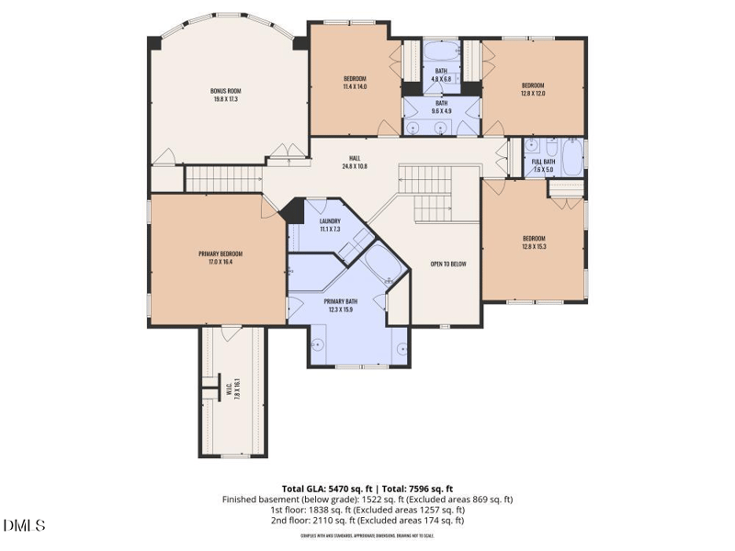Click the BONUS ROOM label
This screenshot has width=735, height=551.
coord(224,90)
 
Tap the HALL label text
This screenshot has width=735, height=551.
coord(354,157)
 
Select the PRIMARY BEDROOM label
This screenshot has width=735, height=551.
coord(220,253)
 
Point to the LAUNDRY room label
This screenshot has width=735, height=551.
coord(330,221)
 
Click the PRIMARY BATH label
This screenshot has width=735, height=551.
coord(341,301)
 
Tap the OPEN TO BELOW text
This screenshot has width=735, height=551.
coord(448,264)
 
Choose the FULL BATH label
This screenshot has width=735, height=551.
coord(543,163)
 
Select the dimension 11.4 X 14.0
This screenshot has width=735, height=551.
coord(355,86)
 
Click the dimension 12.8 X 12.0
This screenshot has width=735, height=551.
coord(533,93)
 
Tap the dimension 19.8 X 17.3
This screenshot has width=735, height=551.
coord(224,98)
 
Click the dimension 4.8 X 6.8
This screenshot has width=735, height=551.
coord(441,79)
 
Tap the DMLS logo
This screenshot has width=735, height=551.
coord(25,525)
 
